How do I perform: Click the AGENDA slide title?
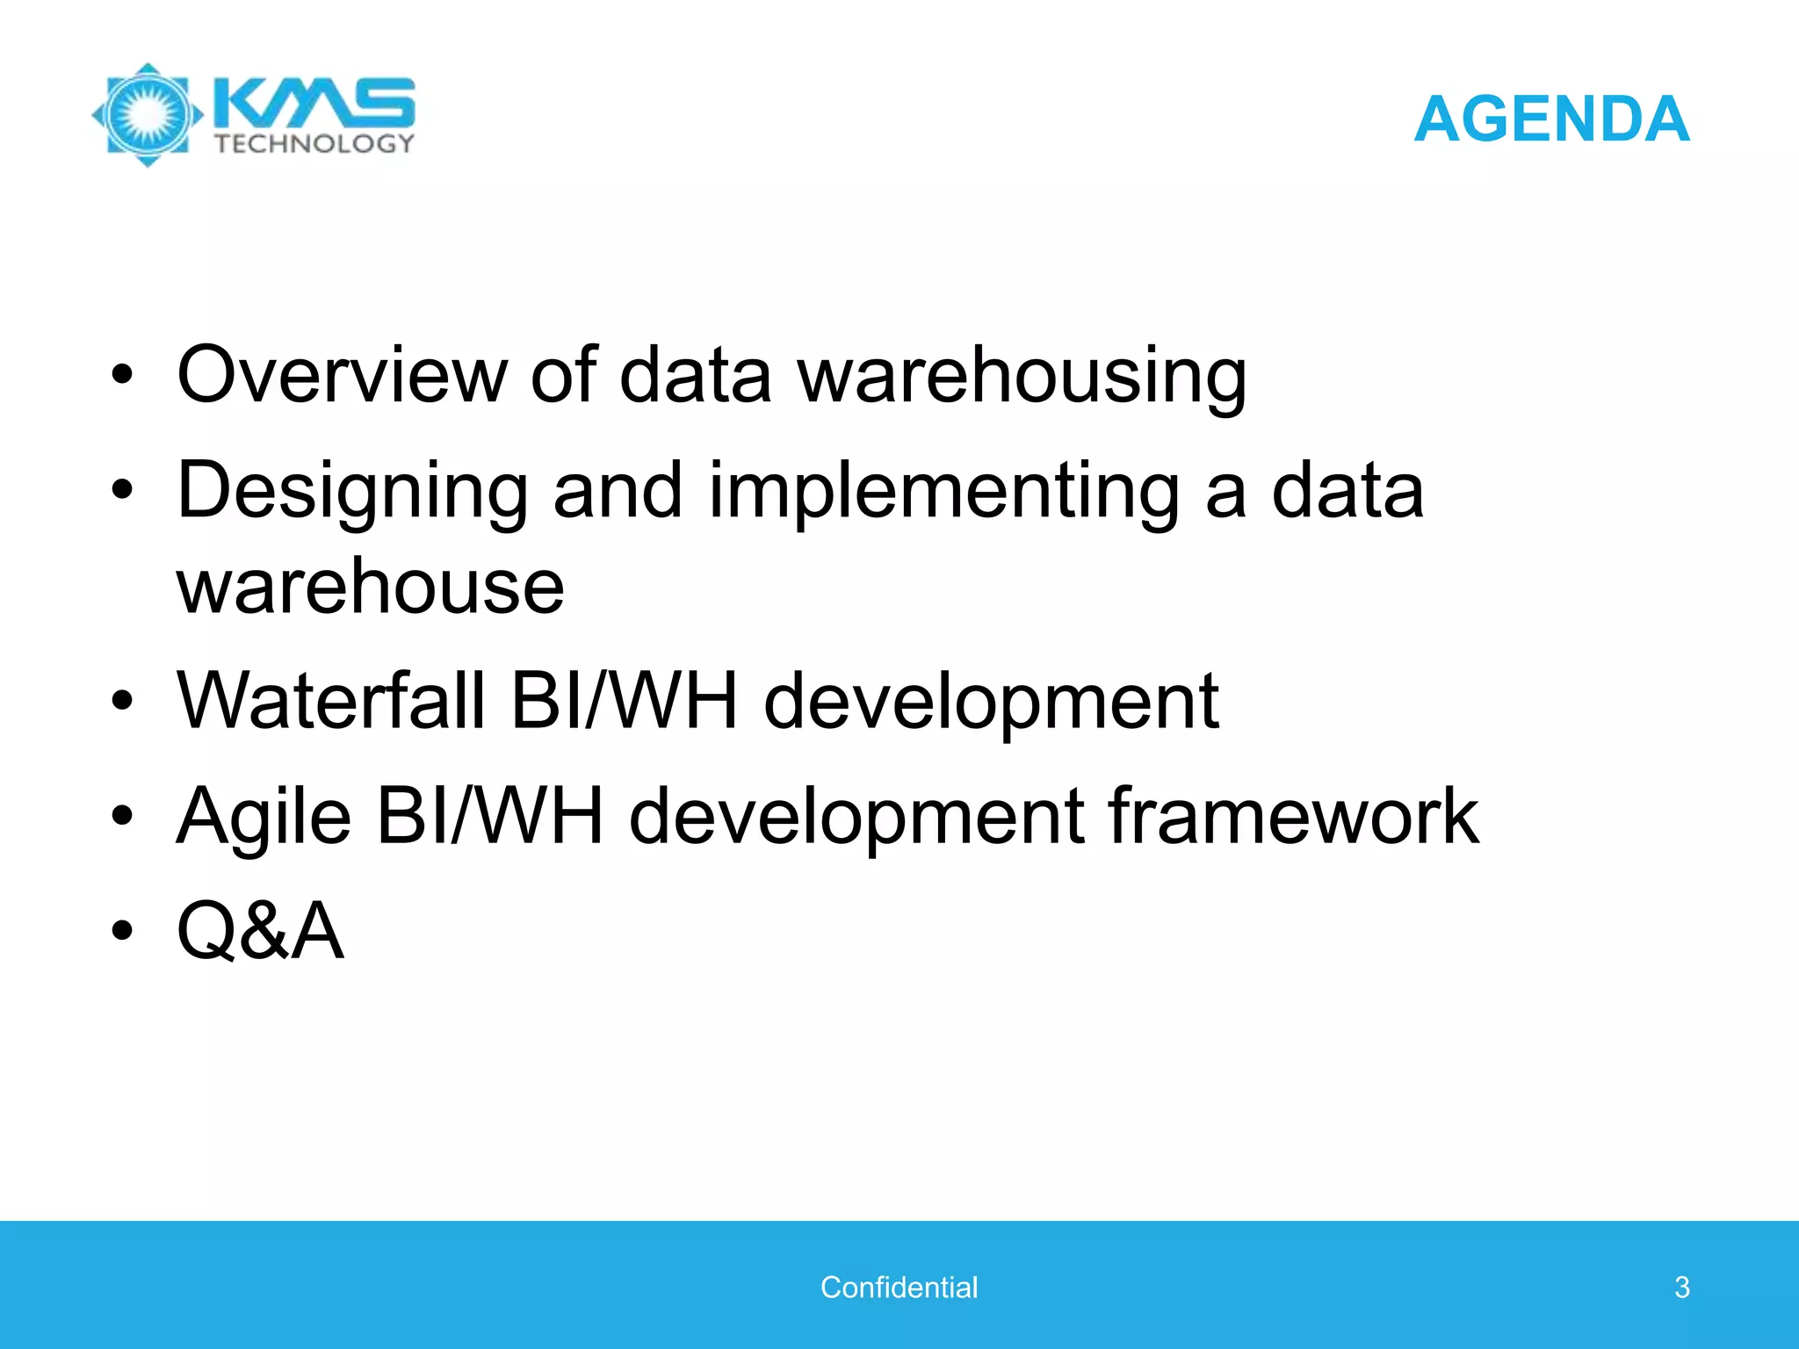click(1551, 119)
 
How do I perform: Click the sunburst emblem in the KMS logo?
click(148, 115)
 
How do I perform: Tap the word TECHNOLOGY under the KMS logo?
click(314, 143)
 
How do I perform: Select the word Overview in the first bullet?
click(341, 374)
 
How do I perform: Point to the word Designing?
click(352, 492)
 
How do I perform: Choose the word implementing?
click(943, 492)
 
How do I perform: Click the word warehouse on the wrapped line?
click(370, 587)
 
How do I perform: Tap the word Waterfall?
click(330, 700)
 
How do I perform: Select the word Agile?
click(264, 817)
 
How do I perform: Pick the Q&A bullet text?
click(260, 930)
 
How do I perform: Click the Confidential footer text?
click(899, 1287)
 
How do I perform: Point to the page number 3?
click(1681, 1287)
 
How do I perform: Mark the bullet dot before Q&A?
click(122, 930)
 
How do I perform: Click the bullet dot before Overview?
click(122, 376)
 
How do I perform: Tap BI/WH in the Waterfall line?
click(625, 700)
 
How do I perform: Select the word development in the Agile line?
click(856, 817)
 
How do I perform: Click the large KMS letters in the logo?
click(313, 103)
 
